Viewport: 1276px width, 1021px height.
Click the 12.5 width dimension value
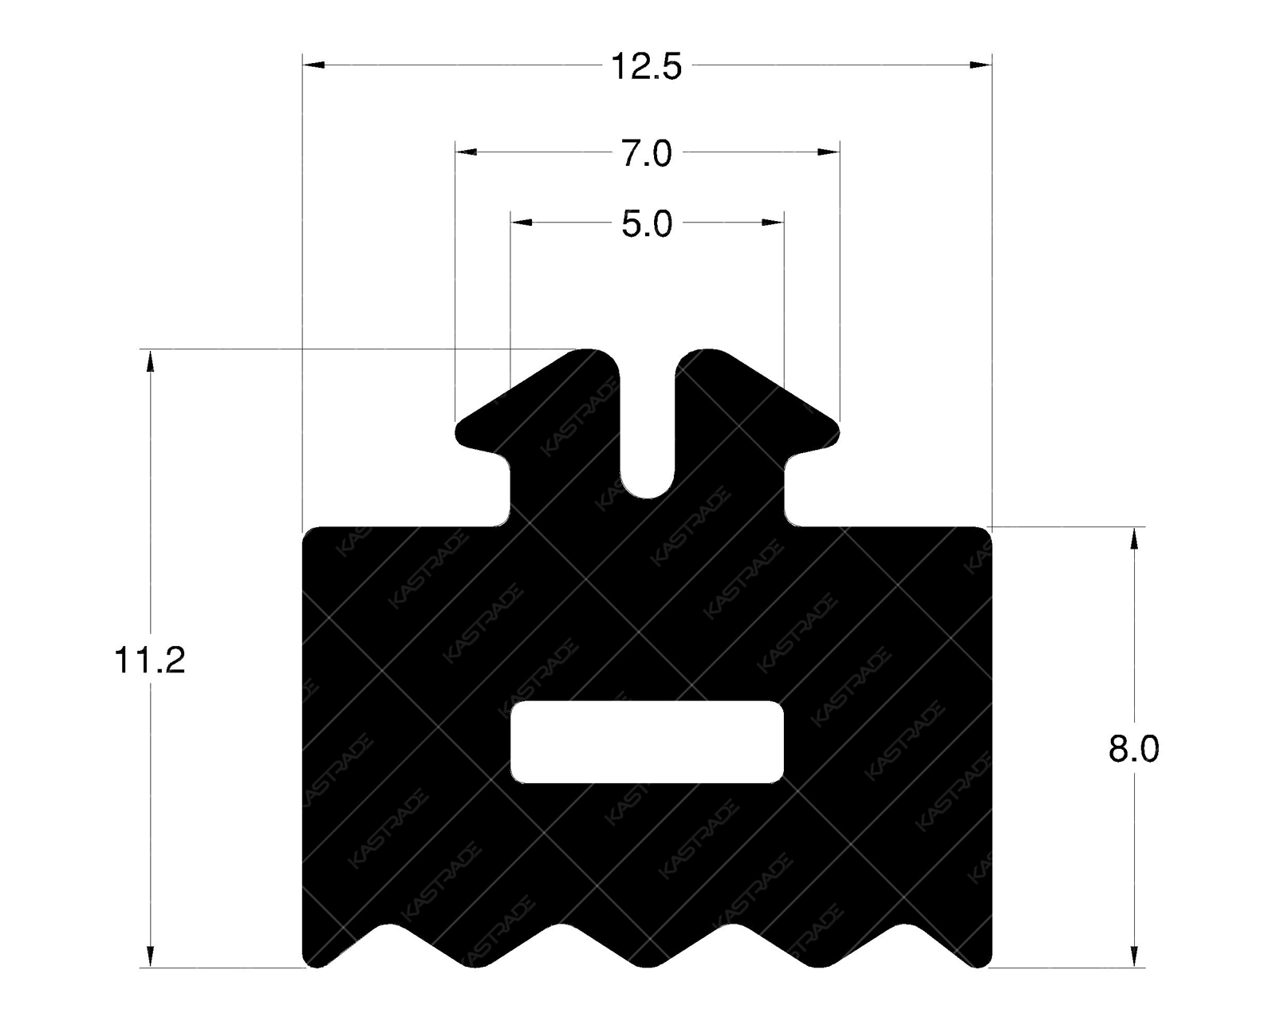pos(646,66)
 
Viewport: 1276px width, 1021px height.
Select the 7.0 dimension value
pos(646,153)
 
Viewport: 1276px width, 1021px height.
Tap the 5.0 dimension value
pos(646,225)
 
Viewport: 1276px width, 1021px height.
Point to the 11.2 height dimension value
pos(150,661)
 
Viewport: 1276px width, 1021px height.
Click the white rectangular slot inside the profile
pos(647,742)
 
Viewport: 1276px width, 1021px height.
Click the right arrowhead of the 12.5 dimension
pos(981,65)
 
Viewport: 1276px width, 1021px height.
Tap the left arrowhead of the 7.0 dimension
pos(466,152)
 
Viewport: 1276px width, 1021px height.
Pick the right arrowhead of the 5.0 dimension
pos(774,223)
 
